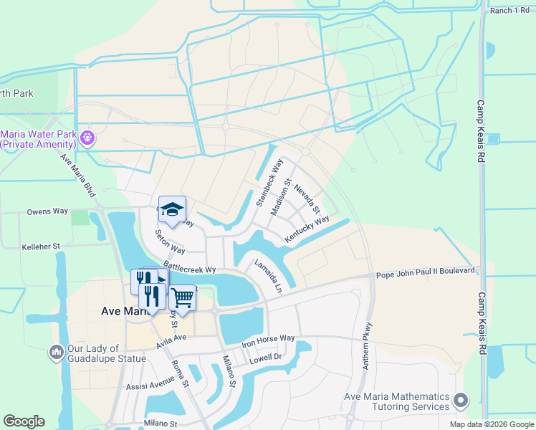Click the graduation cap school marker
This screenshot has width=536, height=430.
point(172,209)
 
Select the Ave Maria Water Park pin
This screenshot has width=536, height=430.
point(88,137)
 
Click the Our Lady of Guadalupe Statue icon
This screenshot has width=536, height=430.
point(56,352)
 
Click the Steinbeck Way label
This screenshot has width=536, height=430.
point(264,185)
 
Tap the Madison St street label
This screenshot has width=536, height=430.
point(281,197)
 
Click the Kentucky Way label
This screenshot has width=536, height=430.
point(307,229)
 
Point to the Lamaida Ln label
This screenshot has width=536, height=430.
point(268,277)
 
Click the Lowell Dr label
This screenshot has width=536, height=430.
point(267,356)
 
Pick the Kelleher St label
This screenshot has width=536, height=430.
point(41,245)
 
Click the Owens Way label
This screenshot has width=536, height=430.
point(47,211)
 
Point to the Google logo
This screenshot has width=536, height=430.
point(24,421)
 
